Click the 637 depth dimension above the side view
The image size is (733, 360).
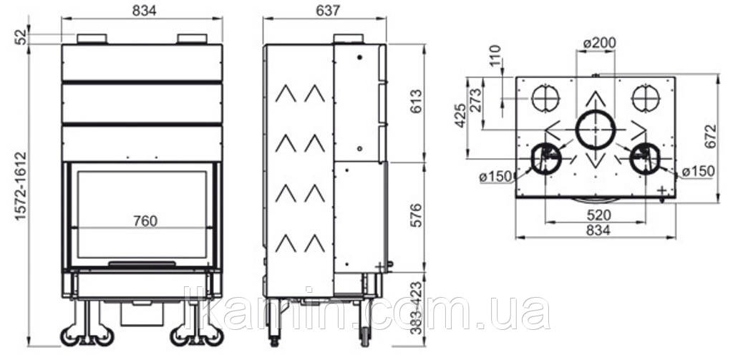tap(328, 11)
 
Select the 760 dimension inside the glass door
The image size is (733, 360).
tap(145, 220)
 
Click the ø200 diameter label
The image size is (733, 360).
tap(600, 43)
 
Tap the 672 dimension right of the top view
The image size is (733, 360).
tap(711, 136)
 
